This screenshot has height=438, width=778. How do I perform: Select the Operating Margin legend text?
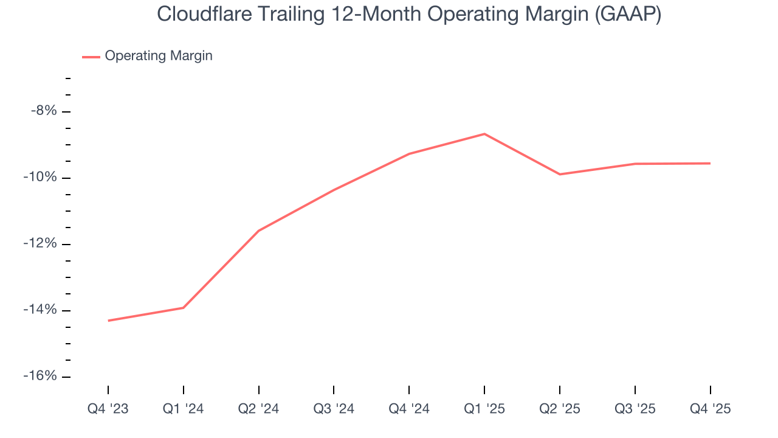click(159, 56)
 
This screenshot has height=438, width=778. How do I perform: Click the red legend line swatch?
click(91, 57)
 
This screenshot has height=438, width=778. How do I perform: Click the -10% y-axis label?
click(41, 178)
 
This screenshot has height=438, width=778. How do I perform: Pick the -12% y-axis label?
click(41, 244)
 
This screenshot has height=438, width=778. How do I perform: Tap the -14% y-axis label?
click(41, 310)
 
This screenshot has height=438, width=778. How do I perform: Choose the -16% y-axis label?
click(41, 377)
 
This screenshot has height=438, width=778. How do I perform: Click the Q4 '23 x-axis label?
click(108, 409)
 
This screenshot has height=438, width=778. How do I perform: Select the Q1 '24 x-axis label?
click(184, 409)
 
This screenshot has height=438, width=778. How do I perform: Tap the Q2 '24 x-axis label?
click(259, 409)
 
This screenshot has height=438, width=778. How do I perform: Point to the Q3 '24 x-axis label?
click(334, 409)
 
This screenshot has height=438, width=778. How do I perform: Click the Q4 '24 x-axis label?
click(409, 409)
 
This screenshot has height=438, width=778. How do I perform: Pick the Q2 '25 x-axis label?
click(560, 409)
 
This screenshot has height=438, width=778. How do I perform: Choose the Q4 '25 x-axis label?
click(710, 409)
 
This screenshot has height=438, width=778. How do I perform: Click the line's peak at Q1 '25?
click(484, 134)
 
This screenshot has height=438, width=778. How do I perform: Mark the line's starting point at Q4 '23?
click(109, 321)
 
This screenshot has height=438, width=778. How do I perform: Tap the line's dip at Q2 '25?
click(560, 175)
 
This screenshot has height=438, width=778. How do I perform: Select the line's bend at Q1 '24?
click(184, 308)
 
